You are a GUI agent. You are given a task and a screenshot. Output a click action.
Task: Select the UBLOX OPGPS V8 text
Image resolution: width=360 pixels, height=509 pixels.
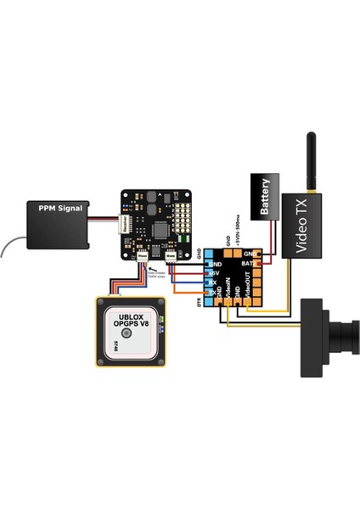coord(131,327)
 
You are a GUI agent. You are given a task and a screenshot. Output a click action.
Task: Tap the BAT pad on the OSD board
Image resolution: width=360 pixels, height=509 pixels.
coord(248,265)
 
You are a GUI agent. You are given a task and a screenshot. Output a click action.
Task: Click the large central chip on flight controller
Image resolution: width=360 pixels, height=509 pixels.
coord(158,226)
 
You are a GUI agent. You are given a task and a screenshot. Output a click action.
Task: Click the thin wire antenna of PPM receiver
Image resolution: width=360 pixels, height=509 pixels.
coord(10,245)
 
